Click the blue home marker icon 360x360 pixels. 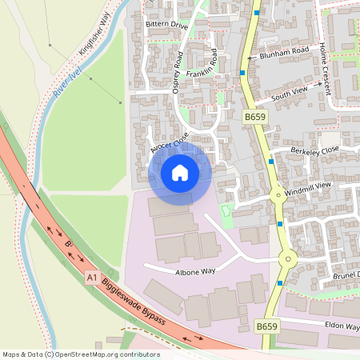(x=180, y=172)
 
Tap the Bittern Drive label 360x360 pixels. (x=166, y=26)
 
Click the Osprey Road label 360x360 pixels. (x=178, y=73)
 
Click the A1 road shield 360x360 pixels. (x=92, y=277)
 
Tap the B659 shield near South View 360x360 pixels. (x=254, y=117)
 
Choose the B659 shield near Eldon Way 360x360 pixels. (x=266, y=327)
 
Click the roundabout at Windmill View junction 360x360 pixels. (x=278, y=193)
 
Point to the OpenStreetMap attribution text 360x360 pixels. (x=81, y=354)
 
